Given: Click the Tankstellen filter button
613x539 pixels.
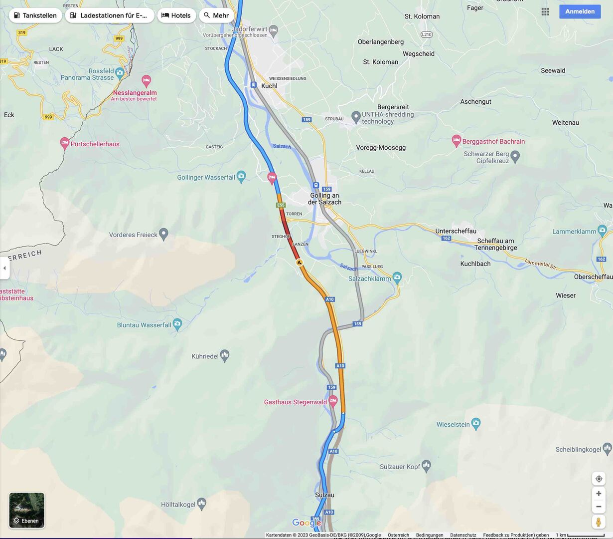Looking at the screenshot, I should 35,15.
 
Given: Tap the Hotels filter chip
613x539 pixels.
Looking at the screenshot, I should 176,15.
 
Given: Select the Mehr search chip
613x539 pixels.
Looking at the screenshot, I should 216,15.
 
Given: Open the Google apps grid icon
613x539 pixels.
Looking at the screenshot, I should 545,11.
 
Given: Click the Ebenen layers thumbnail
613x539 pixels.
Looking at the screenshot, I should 27,510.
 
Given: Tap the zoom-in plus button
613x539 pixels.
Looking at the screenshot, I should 599,493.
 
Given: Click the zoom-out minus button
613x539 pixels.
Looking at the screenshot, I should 599,506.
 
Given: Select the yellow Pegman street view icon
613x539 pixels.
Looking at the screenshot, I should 599,522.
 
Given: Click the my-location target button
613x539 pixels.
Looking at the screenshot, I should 599,479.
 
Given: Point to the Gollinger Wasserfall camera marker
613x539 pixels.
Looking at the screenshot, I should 242,176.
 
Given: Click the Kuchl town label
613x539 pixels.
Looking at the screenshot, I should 269,86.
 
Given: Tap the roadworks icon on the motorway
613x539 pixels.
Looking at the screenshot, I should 299,262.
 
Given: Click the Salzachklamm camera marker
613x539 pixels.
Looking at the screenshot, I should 397,277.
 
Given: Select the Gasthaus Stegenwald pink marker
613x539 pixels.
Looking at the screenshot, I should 333,401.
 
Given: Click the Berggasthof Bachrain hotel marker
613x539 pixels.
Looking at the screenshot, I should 456,140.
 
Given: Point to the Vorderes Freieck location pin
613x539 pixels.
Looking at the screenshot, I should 163,234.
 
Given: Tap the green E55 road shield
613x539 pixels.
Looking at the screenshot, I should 281,205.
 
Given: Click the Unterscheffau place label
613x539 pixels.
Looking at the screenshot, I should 456,231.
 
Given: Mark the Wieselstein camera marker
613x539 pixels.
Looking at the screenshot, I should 476,423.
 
